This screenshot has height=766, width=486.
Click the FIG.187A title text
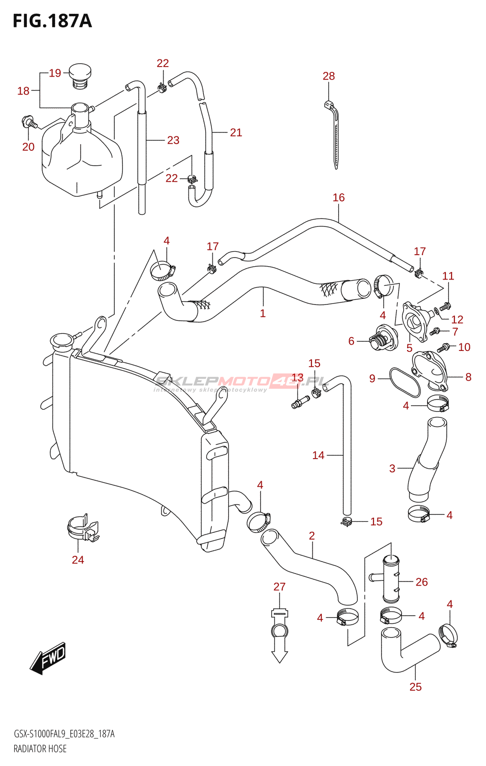pos(52,21)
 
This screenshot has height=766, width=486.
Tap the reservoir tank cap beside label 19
pos(79,76)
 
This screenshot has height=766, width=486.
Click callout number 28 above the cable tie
pos(329,76)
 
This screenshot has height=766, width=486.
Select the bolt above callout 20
pos(29,122)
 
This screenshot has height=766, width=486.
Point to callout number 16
pos(338,197)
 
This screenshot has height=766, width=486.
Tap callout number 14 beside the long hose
pos(318,455)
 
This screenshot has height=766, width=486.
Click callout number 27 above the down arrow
pos(279,586)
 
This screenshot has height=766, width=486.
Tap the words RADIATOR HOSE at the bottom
pos(40,749)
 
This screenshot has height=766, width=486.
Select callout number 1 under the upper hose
pos(263,313)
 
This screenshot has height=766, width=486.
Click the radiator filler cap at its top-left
pos(62,341)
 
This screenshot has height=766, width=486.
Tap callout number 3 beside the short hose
pos(392,469)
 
